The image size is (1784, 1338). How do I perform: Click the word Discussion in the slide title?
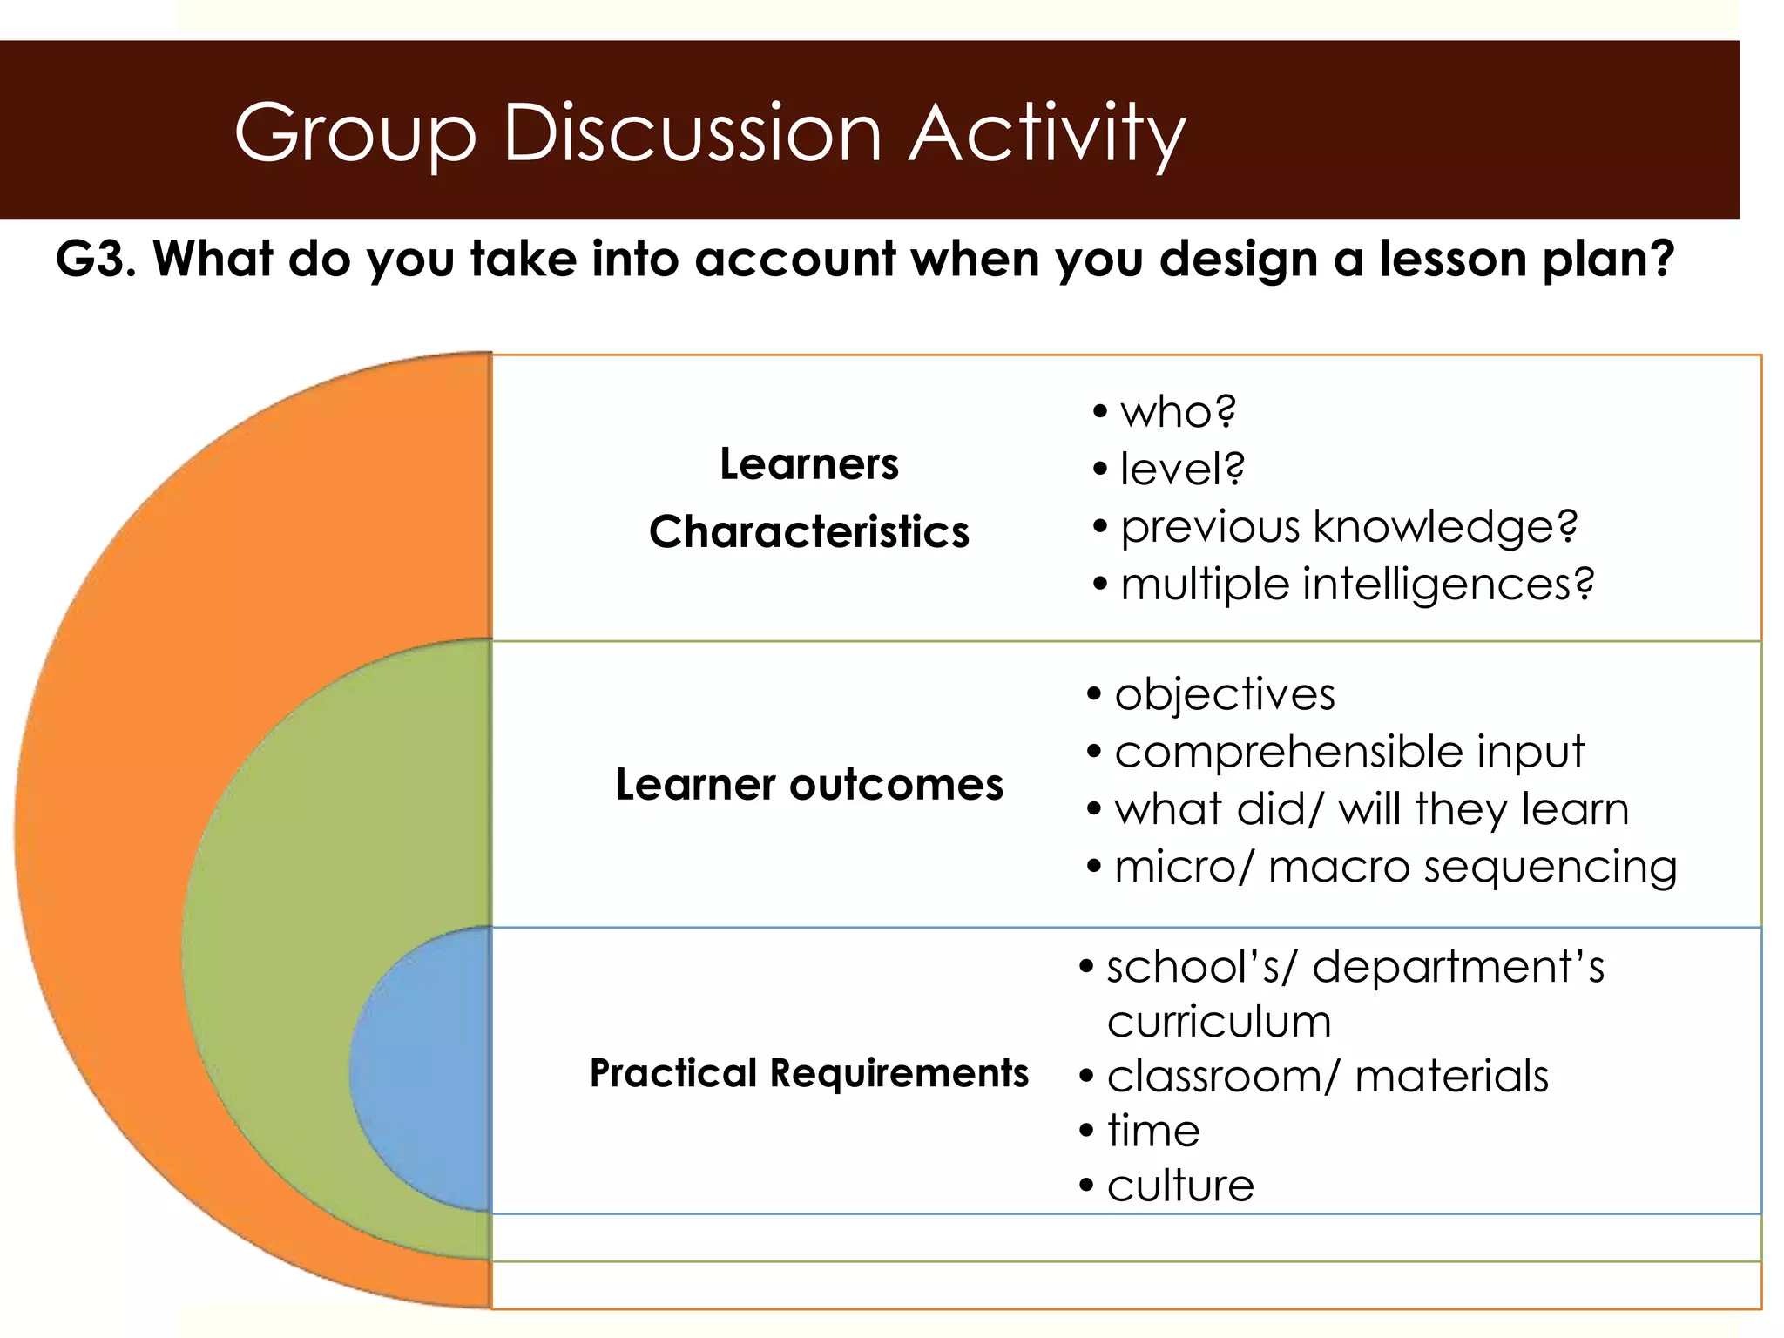pos(693,133)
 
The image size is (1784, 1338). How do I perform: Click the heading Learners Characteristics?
pos(808,497)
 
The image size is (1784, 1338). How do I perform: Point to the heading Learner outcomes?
pos(808,784)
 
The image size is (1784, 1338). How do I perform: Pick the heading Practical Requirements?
pos(808,1072)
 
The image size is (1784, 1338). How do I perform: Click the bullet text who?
pos(1177,411)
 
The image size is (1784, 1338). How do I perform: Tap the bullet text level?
pos(1181,469)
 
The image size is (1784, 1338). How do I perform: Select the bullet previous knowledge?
pos(1348,526)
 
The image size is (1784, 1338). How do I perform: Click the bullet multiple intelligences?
pos(1357,584)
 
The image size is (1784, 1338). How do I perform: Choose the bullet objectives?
pos(1224,694)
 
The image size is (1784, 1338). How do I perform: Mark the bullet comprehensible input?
pos(1348,752)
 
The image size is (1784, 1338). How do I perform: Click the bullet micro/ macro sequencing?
pos(1395,867)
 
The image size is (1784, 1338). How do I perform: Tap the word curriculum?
pos(1219,1021)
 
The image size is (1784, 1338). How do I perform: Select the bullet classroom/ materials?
pos(1328,1076)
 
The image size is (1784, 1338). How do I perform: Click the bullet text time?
pos(1152,1131)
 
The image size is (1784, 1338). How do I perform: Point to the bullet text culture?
pos(1180,1186)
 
